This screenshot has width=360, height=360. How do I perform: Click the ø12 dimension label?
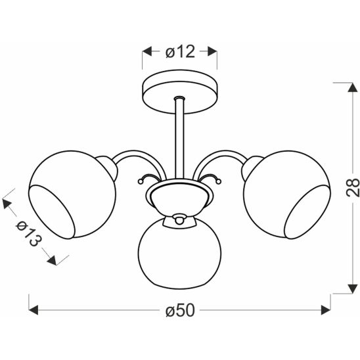[180, 51]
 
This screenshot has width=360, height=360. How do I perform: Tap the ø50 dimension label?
[180, 311]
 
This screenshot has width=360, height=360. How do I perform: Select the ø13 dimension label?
[29, 234]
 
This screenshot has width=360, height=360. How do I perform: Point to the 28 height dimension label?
[352, 188]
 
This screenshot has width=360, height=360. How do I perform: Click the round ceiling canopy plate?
[179, 91]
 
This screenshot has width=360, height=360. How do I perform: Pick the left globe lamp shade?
[72, 194]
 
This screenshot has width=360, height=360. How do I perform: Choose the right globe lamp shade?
[287, 194]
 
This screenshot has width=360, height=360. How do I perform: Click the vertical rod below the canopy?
[179, 138]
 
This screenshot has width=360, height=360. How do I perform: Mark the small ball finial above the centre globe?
[179, 219]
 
